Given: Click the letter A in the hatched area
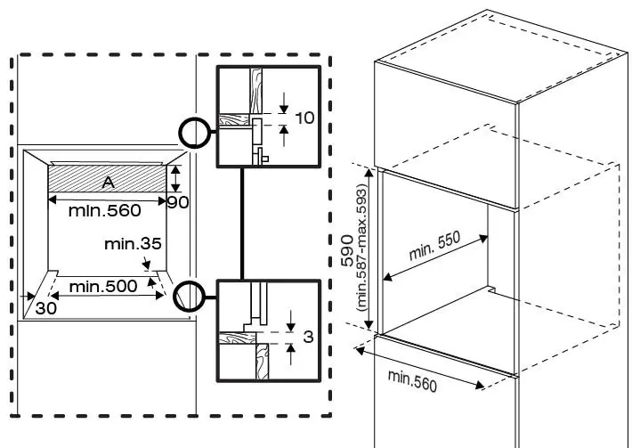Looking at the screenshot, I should pos(108,183).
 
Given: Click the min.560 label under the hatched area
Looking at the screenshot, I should pos(105,211).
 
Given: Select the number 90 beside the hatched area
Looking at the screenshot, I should pos(179,202).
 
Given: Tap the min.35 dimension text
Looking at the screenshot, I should pos(133,243).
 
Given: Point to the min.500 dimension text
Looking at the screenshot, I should pos(103,286).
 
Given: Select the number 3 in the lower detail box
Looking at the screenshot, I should pos(306,338).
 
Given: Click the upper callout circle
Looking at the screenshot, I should pos(194,133).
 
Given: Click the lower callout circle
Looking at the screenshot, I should pos(190,295).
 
